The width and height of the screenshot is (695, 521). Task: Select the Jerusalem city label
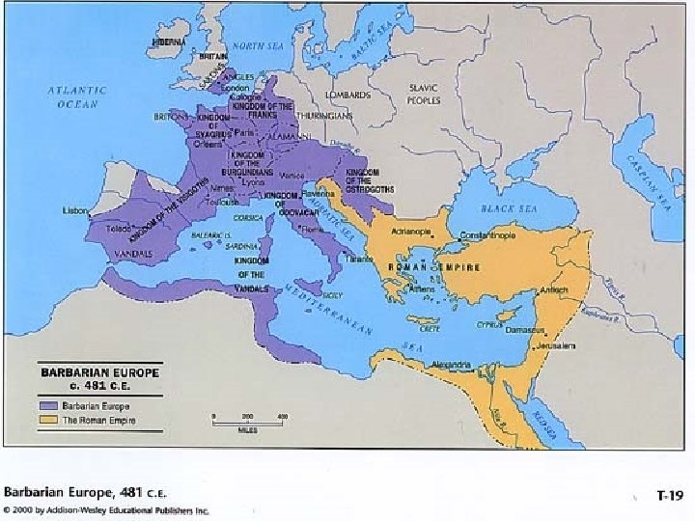click(556, 345)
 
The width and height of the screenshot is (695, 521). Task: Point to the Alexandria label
click(450, 365)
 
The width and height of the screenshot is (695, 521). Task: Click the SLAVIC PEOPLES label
click(424, 94)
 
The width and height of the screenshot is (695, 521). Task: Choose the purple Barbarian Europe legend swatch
click(48, 405)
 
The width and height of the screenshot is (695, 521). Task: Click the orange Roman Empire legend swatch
click(48, 420)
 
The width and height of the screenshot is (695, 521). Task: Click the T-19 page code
click(669, 495)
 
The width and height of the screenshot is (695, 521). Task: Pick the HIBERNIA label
click(169, 42)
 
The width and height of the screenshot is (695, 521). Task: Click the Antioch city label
click(553, 289)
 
